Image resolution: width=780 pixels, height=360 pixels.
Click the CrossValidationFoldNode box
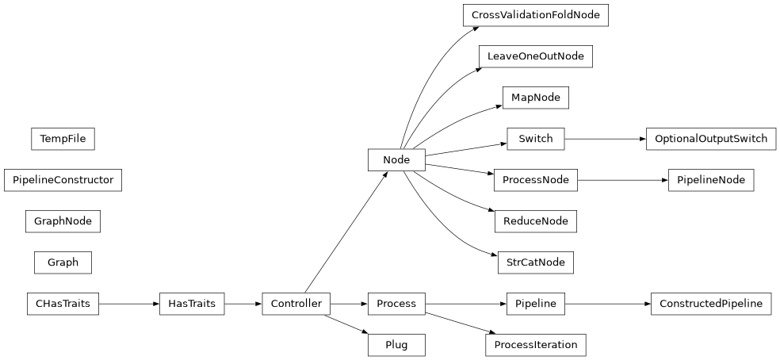point(535,15)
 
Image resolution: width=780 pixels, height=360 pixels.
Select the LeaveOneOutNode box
point(535,56)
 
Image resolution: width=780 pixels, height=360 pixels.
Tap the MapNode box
point(535,98)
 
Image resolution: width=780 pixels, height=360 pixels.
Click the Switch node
point(535,139)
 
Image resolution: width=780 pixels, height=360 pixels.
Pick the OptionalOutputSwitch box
point(710,139)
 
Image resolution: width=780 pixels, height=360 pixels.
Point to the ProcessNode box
point(535,180)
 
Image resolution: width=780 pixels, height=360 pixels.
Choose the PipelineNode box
point(710,180)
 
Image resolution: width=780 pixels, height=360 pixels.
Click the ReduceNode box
point(535,221)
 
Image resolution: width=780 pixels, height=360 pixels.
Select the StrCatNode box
point(535,262)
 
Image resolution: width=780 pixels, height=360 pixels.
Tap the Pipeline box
point(535,304)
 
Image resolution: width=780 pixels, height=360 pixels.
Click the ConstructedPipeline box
point(710,304)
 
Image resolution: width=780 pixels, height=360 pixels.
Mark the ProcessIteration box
point(535,345)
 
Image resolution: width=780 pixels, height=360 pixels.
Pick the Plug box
point(396,345)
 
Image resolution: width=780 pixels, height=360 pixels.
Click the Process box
point(396,304)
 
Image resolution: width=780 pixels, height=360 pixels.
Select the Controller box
point(296,304)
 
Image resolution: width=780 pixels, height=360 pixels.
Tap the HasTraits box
point(191,304)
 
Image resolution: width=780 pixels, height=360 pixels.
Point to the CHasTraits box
point(63,304)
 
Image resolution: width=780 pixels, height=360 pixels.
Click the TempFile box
point(63,139)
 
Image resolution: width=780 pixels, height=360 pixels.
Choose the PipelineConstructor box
point(63,180)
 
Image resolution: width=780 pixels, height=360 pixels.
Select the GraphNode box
point(63,221)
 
